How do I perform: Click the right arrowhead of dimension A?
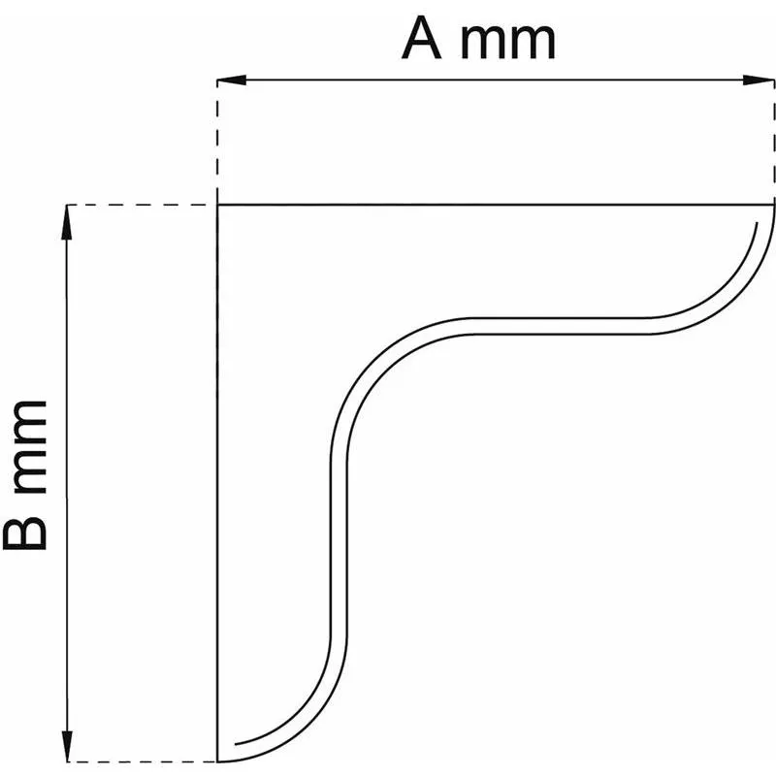click(x=764, y=80)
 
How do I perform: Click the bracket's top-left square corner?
click(x=217, y=206)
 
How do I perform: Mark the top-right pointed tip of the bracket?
click(x=775, y=206)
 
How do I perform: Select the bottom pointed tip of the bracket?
click(x=218, y=760)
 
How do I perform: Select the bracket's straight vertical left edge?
click(x=217, y=485)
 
